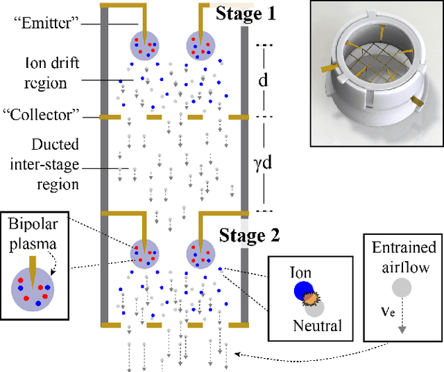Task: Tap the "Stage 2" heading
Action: point(249,235)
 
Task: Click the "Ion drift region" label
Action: point(55,73)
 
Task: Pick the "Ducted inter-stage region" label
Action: point(56,164)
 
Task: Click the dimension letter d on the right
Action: point(263,80)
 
